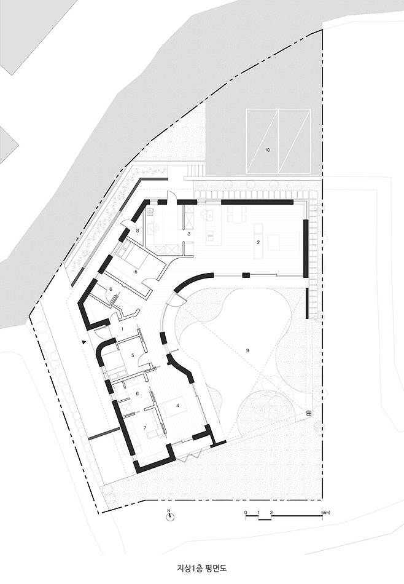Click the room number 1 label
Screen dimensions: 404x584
click(122, 329)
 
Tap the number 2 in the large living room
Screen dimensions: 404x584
click(258, 242)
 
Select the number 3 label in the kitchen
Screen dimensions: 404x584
click(188, 234)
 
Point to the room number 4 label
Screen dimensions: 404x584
click(178, 406)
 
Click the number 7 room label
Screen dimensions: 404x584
click(145, 427)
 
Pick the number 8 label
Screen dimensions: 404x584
click(138, 231)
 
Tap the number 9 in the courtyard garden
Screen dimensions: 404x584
click(247, 350)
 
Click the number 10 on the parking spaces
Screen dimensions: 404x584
click(267, 150)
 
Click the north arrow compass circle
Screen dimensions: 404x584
click(170, 517)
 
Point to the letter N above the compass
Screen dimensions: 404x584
click(168, 510)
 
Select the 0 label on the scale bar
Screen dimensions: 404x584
click(246, 513)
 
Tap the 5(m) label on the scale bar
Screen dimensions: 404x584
click(326, 513)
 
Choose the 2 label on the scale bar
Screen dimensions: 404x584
click(271, 513)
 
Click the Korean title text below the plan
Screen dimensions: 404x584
click(201, 569)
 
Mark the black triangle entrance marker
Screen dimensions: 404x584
click(84, 342)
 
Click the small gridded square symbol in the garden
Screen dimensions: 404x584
click(308, 413)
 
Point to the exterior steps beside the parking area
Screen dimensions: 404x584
click(195, 170)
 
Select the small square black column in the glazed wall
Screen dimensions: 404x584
click(246, 275)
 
